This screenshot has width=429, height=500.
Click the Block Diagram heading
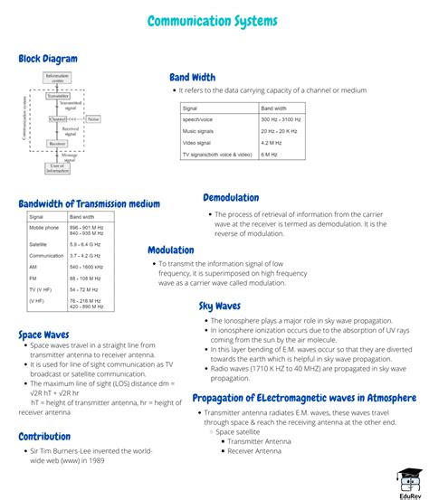(x=48, y=60)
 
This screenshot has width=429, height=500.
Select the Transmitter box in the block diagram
(x=57, y=95)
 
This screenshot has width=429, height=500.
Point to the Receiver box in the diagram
(x=57, y=144)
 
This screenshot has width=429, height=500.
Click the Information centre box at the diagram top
(x=57, y=79)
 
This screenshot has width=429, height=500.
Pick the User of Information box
(x=57, y=166)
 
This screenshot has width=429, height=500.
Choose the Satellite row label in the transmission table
(x=38, y=244)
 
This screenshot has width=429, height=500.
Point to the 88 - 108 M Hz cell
(x=86, y=278)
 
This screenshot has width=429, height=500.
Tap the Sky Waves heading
(x=220, y=307)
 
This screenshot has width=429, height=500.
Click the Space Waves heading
(x=43, y=335)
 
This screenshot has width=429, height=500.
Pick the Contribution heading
(x=44, y=437)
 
